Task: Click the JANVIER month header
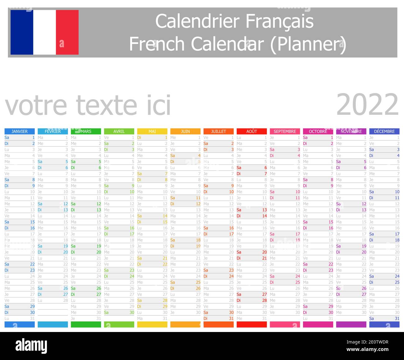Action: [20, 131]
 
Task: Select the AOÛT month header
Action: [252, 131]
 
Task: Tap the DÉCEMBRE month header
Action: [384, 131]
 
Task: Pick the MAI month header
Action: [152, 131]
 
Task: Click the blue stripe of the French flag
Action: [22, 32]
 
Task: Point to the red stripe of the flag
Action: [67, 32]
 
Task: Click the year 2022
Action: [367, 105]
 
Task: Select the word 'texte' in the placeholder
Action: [106, 105]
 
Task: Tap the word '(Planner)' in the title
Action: [308, 44]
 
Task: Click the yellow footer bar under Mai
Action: [152, 325]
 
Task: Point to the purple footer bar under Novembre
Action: [351, 325]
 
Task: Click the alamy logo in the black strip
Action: [31, 346]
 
